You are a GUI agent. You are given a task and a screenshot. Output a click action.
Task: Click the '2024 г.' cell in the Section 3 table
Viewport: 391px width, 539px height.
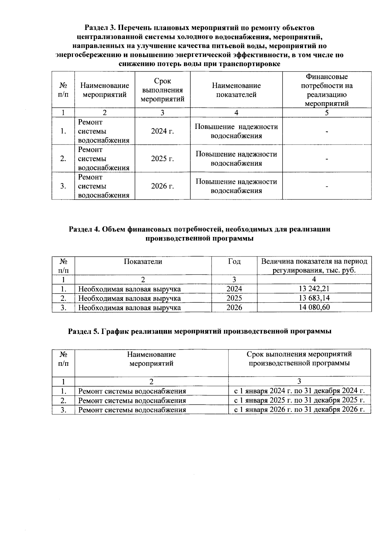(x=162, y=131)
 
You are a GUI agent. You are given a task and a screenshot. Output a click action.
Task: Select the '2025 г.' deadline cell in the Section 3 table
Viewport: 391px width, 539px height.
(x=162, y=159)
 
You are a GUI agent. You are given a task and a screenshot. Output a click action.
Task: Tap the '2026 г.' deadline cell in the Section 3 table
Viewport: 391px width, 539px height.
(x=162, y=186)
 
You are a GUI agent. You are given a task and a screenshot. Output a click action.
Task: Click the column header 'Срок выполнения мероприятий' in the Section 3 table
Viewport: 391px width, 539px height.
(x=162, y=90)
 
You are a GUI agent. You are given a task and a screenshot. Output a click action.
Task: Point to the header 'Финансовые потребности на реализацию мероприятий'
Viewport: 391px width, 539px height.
(x=326, y=90)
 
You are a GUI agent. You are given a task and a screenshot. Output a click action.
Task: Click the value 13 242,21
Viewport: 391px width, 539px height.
(x=314, y=289)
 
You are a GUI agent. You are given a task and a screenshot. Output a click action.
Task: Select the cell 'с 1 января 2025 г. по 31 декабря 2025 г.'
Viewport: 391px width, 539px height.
(x=299, y=400)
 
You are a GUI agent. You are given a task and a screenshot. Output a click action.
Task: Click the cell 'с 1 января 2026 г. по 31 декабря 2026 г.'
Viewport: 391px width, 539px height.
(x=299, y=409)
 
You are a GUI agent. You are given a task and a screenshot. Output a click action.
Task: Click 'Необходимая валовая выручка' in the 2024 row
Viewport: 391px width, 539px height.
(x=129, y=289)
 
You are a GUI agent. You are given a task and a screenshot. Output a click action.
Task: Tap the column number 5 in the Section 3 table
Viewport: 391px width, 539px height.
(x=326, y=113)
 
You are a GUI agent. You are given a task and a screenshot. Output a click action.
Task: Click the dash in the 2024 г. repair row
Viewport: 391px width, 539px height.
(x=326, y=131)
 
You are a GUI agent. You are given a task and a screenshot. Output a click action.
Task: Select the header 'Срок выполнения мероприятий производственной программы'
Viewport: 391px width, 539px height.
(x=299, y=359)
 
